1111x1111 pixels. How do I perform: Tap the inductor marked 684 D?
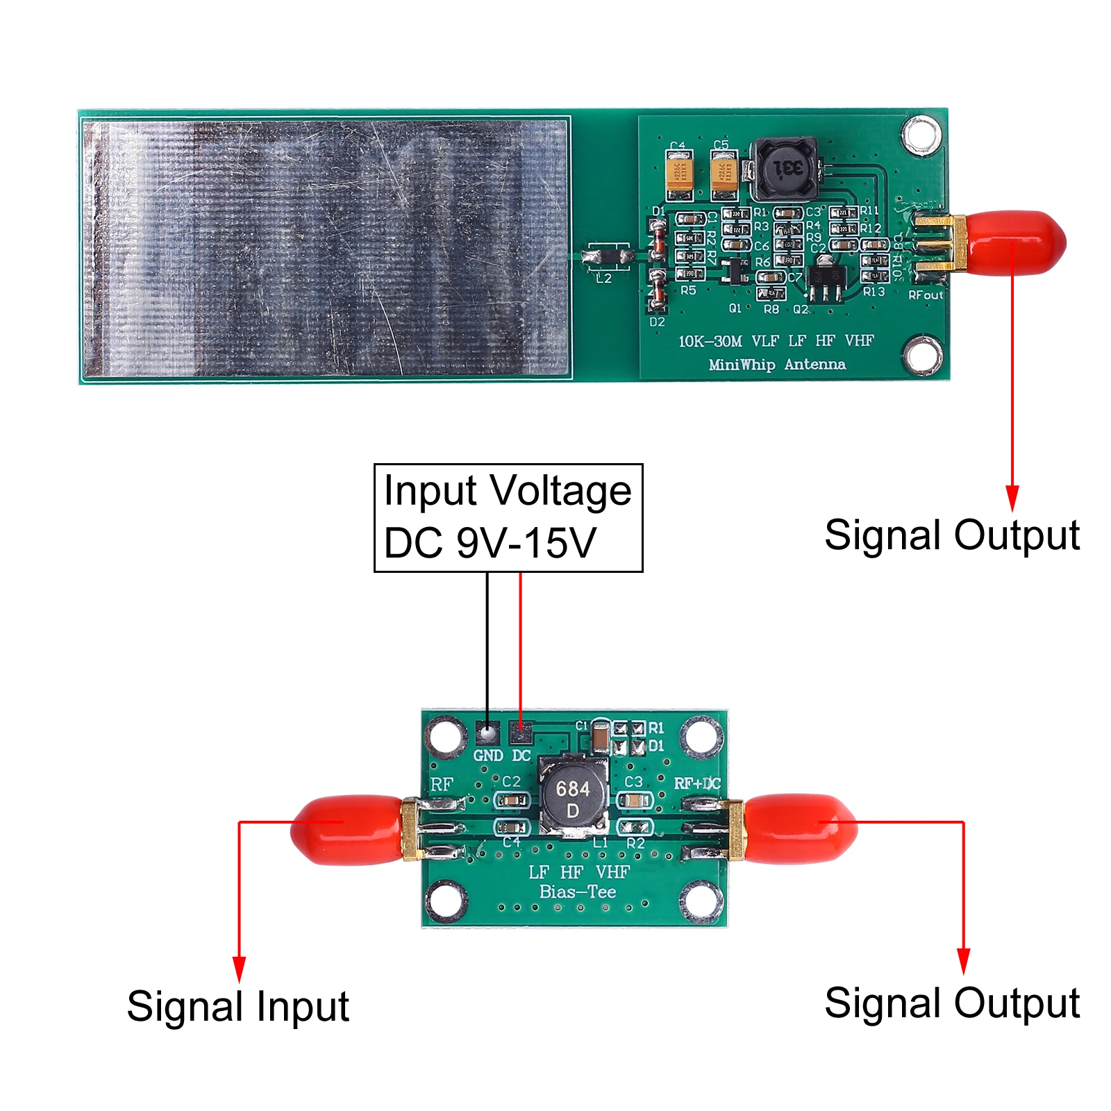(x=574, y=799)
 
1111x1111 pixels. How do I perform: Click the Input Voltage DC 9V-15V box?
(x=508, y=517)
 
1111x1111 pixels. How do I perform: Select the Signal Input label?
(x=238, y=1006)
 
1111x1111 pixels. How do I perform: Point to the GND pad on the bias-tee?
(x=487, y=732)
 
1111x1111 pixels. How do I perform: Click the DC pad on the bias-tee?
(x=520, y=731)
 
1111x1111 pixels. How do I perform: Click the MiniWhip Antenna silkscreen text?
(x=777, y=365)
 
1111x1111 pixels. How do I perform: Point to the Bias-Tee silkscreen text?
(x=578, y=892)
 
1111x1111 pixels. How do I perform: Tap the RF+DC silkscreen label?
(x=697, y=783)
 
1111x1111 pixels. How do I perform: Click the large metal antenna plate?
(x=326, y=248)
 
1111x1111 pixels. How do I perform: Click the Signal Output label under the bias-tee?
(x=952, y=1003)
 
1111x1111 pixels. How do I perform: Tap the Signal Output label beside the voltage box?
(x=952, y=535)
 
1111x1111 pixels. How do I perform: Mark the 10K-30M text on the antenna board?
(x=710, y=341)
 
